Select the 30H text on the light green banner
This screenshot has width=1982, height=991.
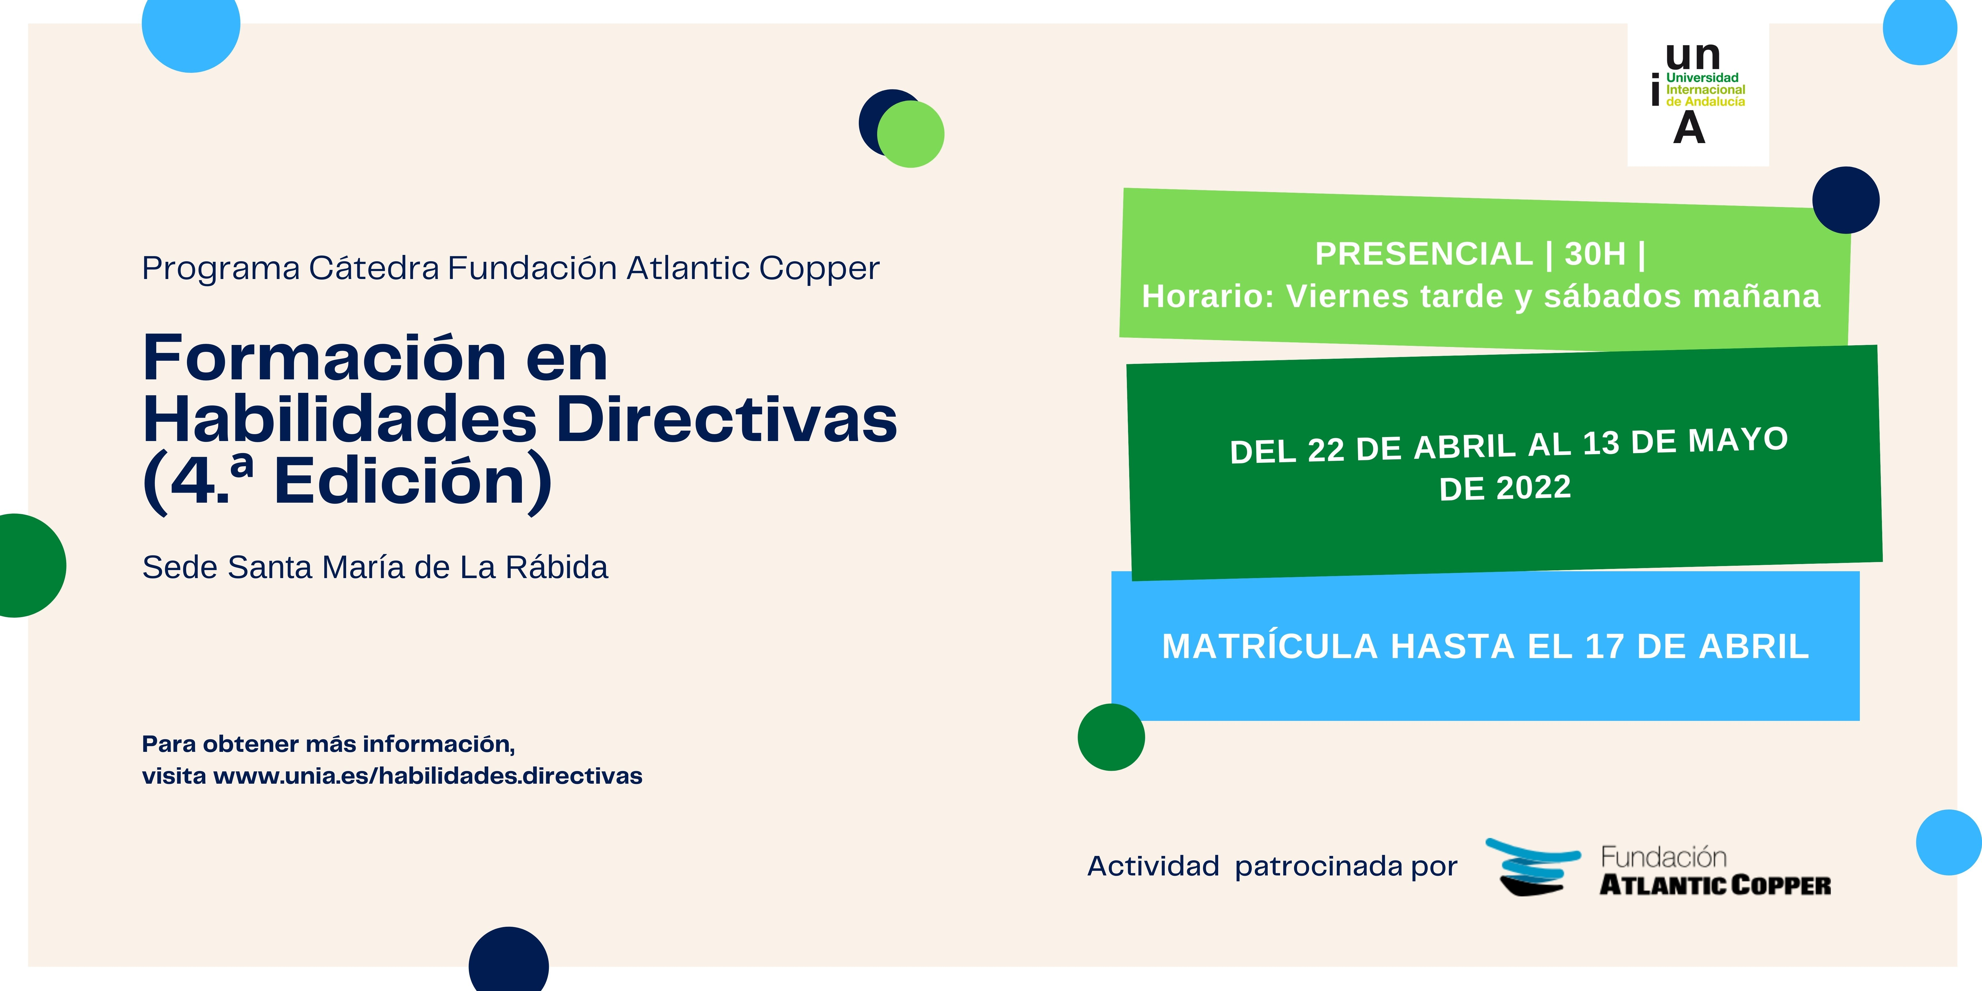(1596, 254)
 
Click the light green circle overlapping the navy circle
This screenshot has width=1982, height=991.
(911, 134)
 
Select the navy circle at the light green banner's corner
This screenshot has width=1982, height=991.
(1846, 200)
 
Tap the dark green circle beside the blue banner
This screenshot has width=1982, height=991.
(1111, 737)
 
